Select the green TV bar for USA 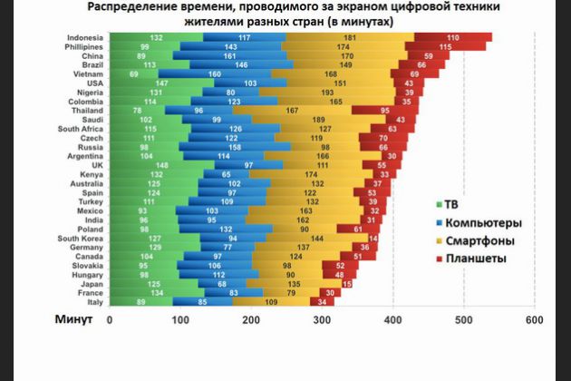137,83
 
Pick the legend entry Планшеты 474,259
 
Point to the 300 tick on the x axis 322,320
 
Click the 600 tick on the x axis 533,320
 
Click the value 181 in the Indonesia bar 349,37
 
